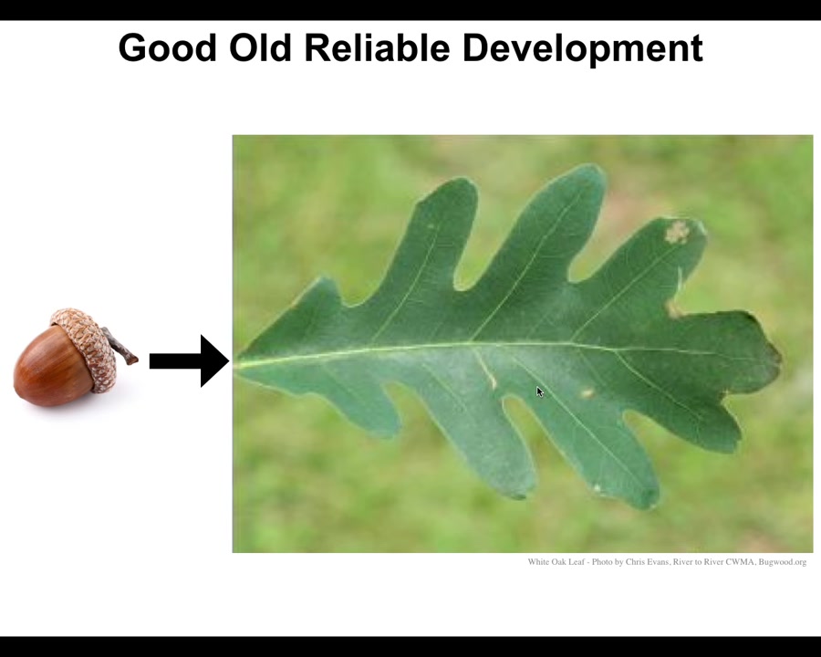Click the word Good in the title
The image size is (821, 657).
pyautogui.click(x=168, y=47)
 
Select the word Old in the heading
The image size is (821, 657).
pyautogui.click(x=260, y=47)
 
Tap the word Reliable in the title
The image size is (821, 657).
pyautogui.click(x=377, y=47)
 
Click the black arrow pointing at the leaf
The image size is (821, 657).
pyautogui.click(x=189, y=361)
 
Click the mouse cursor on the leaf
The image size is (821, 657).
pyautogui.click(x=540, y=391)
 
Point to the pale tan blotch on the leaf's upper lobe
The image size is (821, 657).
pyautogui.click(x=678, y=232)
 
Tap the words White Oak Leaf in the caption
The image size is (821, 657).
pyautogui.click(x=556, y=562)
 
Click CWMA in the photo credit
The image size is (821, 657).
pyautogui.click(x=740, y=562)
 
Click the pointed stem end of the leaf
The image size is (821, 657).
pyautogui.click(x=235, y=363)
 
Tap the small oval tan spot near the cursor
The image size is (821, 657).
pyautogui.click(x=587, y=393)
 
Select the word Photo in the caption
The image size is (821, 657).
pyautogui.click(x=602, y=562)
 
